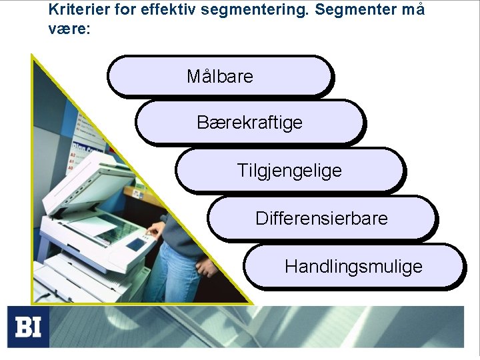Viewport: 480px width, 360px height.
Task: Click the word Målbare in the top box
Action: (x=220, y=77)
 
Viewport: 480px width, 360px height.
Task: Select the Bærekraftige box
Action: (x=249, y=123)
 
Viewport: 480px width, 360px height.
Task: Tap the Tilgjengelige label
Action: (x=289, y=171)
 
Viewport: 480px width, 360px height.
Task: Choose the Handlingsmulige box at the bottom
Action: (x=353, y=267)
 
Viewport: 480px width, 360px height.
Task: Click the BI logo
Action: (x=29, y=327)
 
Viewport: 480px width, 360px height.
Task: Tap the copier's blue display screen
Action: (x=136, y=245)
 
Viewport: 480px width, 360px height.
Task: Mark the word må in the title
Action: (x=413, y=10)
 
